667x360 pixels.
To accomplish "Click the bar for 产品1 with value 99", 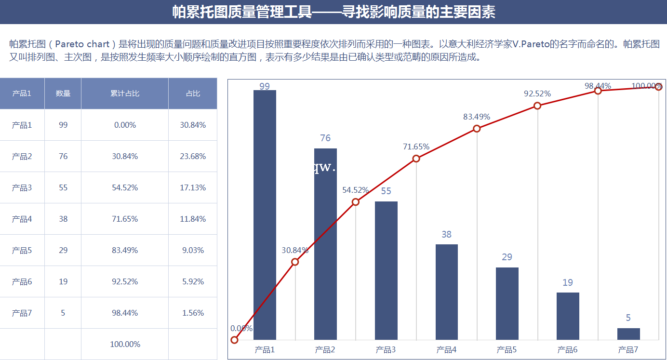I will click(265, 214).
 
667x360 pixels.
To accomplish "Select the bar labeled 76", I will click(325, 244).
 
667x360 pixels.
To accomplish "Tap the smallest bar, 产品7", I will click(628, 334).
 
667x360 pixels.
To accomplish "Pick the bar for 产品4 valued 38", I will click(447, 292).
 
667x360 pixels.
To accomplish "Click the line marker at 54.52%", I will click(356, 202).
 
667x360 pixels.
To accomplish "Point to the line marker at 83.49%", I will click(477, 128).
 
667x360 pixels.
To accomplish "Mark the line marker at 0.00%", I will click(235, 340).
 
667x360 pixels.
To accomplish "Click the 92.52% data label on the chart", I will click(537, 94).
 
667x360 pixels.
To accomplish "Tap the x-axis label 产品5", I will click(507, 350).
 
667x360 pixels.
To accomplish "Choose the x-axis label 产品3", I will click(386, 350).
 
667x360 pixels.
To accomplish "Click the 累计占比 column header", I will click(125, 93).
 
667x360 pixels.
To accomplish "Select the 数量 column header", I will click(63, 93).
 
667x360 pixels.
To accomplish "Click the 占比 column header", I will click(193, 93).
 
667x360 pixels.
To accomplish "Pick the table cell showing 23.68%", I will click(193, 156).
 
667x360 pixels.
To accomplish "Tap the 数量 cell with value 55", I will click(63, 187).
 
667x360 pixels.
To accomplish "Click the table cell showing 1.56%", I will click(193, 313).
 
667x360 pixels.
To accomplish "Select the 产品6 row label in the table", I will click(22, 281).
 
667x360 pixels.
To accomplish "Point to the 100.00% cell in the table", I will click(125, 344).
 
